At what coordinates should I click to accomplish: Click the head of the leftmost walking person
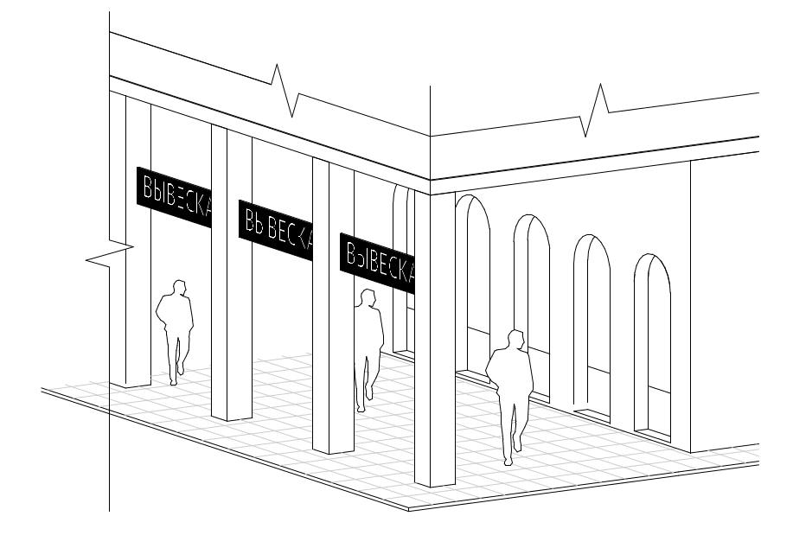[180, 288]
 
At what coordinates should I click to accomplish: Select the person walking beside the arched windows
[509, 393]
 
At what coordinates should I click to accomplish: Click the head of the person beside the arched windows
[515, 339]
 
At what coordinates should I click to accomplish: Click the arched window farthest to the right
[652, 346]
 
